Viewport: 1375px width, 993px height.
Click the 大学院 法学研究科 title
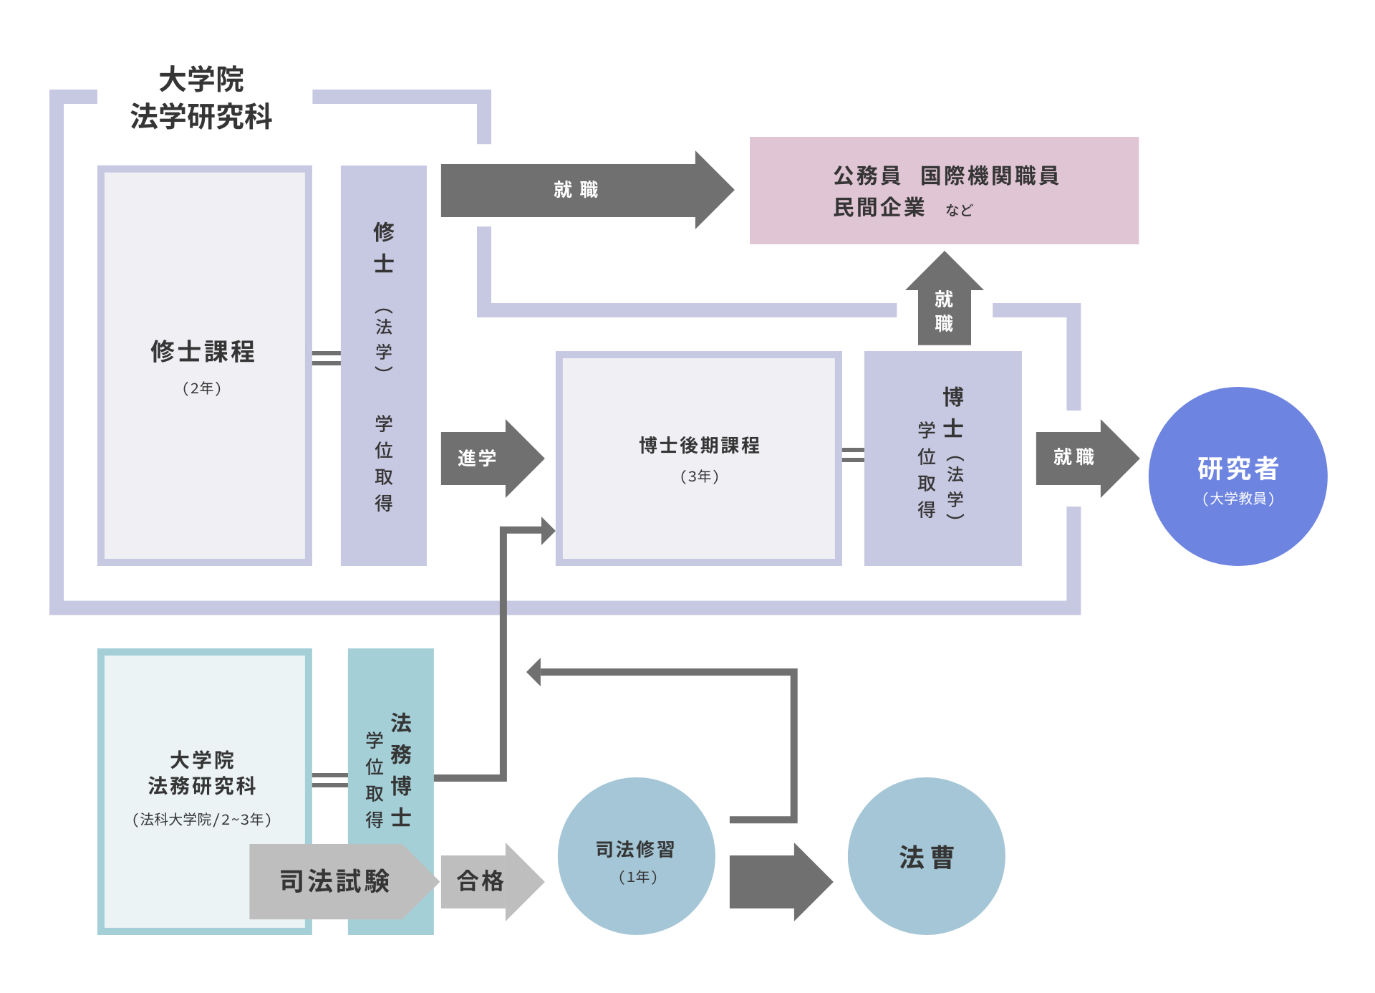(x=201, y=98)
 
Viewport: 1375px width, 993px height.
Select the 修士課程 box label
(x=203, y=351)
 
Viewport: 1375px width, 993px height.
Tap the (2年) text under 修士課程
(x=202, y=388)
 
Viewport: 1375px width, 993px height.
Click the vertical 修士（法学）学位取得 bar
(x=384, y=365)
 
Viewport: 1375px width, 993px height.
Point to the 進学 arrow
(x=487, y=458)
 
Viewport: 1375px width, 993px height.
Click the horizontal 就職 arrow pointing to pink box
(x=576, y=190)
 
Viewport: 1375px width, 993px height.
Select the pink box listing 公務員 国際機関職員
(x=944, y=191)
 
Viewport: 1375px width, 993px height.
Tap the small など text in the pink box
(x=959, y=210)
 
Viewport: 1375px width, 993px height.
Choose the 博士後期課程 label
(x=699, y=445)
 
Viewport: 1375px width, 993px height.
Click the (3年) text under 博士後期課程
(x=699, y=476)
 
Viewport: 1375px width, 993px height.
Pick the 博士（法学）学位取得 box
(x=942, y=459)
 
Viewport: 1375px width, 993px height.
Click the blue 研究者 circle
(x=1237, y=476)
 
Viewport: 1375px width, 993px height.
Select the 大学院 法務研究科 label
(x=202, y=772)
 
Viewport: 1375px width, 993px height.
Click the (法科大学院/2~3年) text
(x=202, y=819)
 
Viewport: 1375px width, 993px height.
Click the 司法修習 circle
(x=636, y=856)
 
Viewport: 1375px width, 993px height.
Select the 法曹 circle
(x=926, y=856)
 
